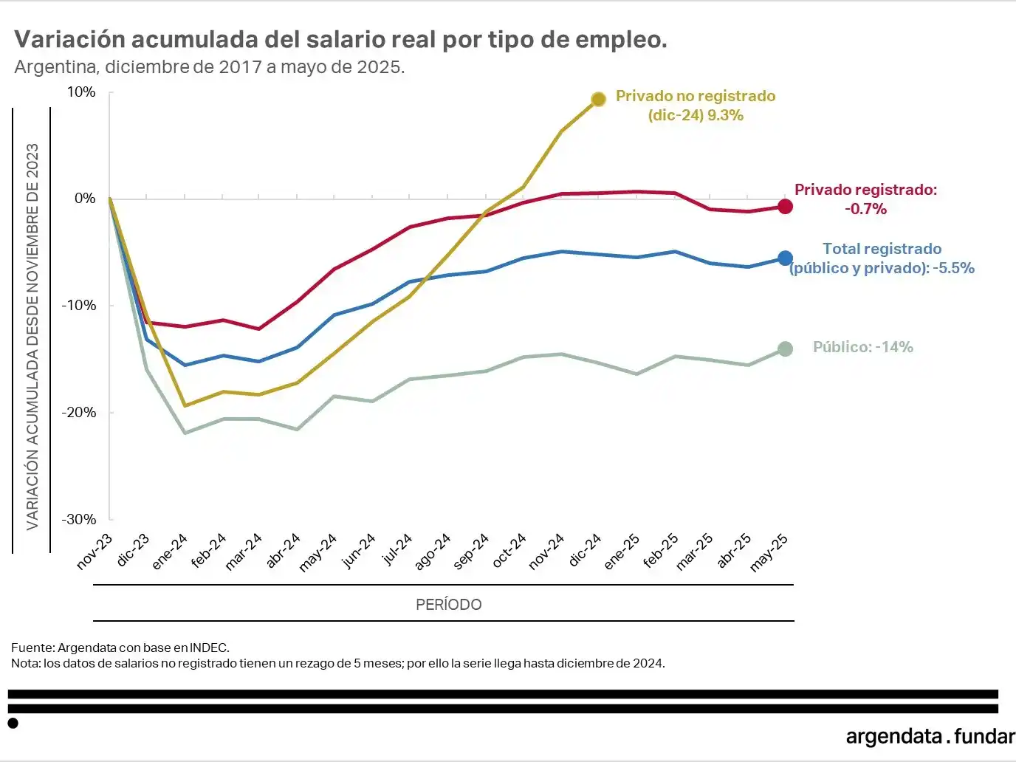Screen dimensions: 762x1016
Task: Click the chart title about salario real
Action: [x=340, y=40]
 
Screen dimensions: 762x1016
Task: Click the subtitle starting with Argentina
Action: [x=210, y=67]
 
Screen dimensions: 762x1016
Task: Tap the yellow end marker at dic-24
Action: [x=599, y=99]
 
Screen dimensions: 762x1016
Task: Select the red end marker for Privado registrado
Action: [x=785, y=207]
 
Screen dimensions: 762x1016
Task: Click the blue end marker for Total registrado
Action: [x=785, y=258]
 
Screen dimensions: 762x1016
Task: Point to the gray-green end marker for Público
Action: [x=785, y=349]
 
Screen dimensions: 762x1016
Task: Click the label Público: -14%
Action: [x=862, y=347]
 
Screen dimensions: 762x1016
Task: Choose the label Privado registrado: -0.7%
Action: [x=865, y=199]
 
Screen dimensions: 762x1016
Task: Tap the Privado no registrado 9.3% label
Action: [x=696, y=106]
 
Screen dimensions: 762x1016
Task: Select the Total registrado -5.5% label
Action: [x=882, y=258]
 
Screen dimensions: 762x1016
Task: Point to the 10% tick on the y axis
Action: [x=81, y=92]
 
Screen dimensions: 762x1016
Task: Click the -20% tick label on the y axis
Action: [x=78, y=413]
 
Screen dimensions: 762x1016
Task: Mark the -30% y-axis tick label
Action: [x=78, y=520]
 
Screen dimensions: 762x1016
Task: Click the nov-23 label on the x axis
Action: [x=95, y=551]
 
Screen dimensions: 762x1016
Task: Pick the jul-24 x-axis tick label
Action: [x=397, y=549]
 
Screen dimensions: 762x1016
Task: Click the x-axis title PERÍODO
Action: [x=448, y=605]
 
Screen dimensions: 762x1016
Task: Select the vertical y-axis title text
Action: [x=32, y=336]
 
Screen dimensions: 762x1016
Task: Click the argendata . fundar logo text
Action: [x=930, y=736]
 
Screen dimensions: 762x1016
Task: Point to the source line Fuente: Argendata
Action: [x=120, y=648]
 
